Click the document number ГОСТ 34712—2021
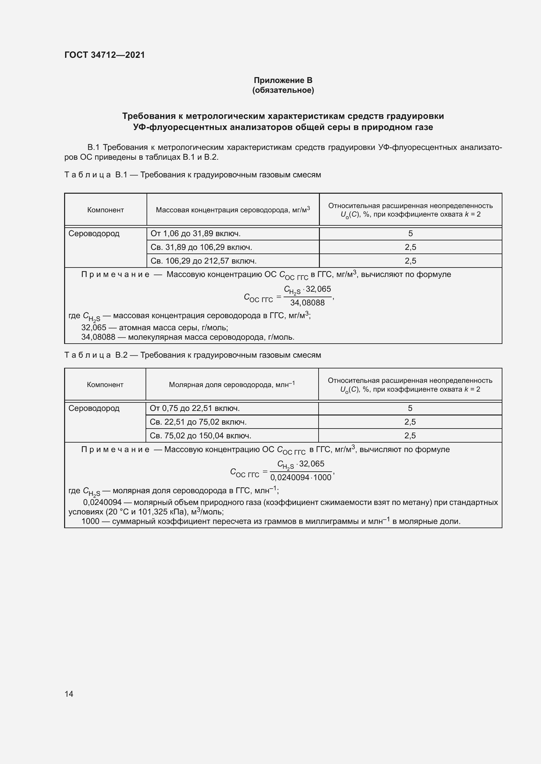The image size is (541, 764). [x=105, y=55]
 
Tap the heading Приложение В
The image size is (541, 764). [x=283, y=80]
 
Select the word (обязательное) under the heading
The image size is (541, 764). [x=283, y=90]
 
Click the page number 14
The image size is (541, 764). [x=69, y=694]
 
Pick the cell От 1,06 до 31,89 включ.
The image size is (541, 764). [x=196, y=234]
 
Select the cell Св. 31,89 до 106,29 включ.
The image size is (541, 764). [x=201, y=247]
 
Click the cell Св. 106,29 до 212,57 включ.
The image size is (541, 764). [x=203, y=261]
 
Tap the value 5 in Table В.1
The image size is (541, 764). [x=410, y=234]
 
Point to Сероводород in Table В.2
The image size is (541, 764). [x=94, y=408]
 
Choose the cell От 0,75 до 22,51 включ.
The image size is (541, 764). [x=195, y=408]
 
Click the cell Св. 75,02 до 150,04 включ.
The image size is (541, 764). [x=201, y=436]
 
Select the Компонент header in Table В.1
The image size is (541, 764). [x=105, y=210]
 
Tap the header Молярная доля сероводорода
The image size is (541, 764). [x=232, y=385]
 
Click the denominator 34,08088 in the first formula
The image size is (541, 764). [x=307, y=303]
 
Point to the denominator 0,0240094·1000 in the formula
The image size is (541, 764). [x=301, y=478]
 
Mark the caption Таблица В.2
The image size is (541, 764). [x=96, y=355]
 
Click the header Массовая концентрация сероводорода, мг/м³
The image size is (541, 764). [x=233, y=210]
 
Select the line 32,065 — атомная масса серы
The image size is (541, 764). [x=155, y=327]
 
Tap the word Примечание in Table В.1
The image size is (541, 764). [x=115, y=274]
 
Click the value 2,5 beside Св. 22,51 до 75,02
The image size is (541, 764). [x=410, y=422]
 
